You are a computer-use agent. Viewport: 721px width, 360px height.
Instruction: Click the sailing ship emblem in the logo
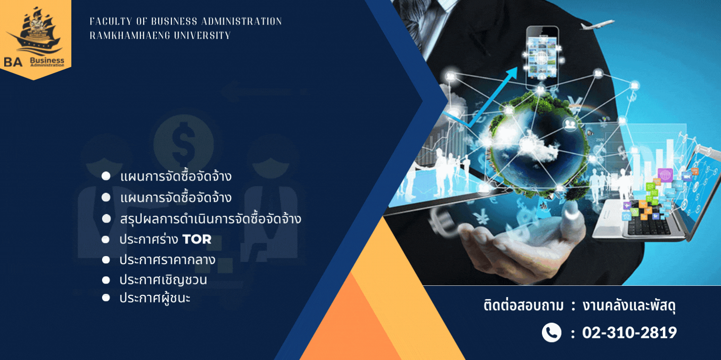[35, 32]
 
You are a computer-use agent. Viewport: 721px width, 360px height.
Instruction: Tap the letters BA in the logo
[13, 62]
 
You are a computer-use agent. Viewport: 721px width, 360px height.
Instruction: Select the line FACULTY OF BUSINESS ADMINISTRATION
[186, 22]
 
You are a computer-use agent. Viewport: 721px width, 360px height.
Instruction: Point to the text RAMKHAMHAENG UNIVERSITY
[160, 35]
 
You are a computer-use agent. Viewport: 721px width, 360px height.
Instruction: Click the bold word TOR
[197, 239]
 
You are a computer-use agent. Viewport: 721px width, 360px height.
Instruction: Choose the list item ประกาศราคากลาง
[167, 260]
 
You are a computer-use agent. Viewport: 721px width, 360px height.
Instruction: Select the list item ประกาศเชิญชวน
[163, 280]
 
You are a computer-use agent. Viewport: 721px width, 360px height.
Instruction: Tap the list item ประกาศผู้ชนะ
[155, 298]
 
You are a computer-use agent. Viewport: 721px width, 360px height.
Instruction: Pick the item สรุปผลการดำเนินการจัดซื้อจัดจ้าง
[211, 219]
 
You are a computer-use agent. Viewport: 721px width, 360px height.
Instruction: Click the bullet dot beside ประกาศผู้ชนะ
[106, 298]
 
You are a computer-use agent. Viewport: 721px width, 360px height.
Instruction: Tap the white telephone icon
[551, 332]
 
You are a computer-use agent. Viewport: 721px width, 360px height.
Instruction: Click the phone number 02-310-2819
[629, 332]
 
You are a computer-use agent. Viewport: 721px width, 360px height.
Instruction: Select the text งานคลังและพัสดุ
[629, 305]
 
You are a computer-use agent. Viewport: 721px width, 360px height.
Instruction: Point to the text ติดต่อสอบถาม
[524, 305]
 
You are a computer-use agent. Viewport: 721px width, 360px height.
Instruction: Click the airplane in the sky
[597, 24]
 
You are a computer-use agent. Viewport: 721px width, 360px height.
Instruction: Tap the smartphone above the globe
[542, 58]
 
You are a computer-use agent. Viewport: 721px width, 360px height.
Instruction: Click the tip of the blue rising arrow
[517, 68]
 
